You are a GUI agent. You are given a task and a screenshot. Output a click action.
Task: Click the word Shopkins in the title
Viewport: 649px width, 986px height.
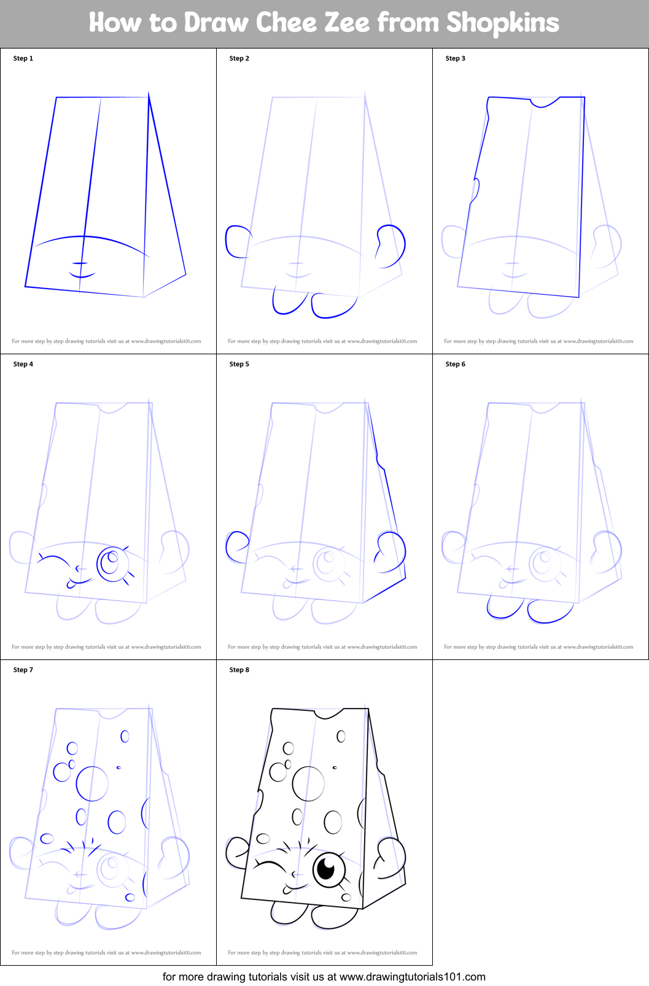click(502, 23)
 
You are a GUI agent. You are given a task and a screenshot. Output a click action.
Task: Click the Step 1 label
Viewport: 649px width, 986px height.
click(23, 58)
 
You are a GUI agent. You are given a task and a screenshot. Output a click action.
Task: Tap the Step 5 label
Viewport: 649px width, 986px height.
click(239, 364)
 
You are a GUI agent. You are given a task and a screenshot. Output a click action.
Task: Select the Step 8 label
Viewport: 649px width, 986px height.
click(239, 670)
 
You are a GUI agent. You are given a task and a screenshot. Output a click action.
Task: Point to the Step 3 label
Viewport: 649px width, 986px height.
click(455, 58)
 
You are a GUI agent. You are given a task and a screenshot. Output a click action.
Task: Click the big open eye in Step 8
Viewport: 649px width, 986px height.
click(328, 869)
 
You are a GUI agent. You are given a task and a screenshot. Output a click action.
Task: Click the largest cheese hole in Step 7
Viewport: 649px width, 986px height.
click(92, 783)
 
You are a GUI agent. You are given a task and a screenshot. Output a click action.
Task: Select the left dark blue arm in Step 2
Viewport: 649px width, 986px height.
click(236, 241)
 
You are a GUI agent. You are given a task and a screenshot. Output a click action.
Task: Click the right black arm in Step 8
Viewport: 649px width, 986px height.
click(391, 858)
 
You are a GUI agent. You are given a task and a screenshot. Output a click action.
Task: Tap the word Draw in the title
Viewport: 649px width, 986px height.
click(216, 23)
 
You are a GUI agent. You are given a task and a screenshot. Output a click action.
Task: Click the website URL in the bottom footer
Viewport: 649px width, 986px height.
click(412, 977)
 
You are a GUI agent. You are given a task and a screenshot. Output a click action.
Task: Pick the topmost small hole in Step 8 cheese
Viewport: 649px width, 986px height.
click(341, 736)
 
